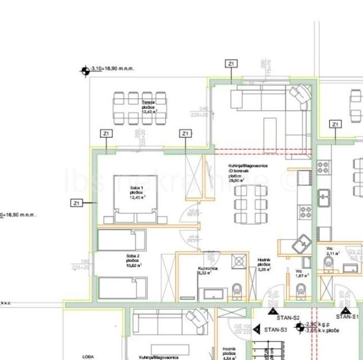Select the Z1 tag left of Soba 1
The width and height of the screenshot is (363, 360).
click(77, 202)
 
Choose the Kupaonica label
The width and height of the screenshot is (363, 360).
click(207, 270)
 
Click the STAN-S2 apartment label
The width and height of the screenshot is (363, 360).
click(287, 317)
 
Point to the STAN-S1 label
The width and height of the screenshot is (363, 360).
click(348, 317)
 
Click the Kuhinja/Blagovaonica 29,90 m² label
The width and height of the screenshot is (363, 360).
click(248, 171)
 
